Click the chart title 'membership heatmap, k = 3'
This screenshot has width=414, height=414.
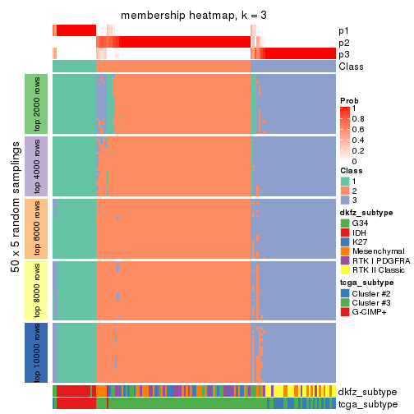(x=194, y=16)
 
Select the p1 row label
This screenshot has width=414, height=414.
(x=343, y=30)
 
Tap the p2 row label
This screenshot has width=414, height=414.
(x=343, y=43)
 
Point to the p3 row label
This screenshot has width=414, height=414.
(x=343, y=54)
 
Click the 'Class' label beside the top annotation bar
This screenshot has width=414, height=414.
(x=351, y=67)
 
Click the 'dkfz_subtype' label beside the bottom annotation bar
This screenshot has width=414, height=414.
(x=367, y=392)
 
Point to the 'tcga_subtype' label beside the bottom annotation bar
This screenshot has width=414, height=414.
(x=367, y=403)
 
